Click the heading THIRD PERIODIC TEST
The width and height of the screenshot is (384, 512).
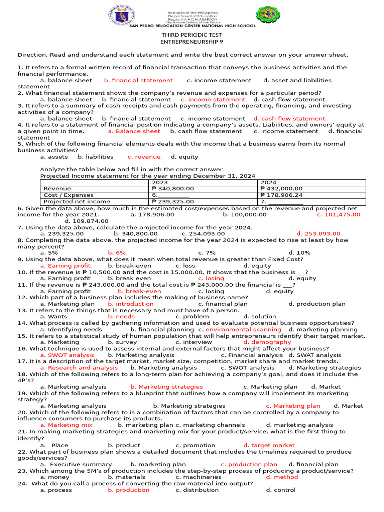point(191,35)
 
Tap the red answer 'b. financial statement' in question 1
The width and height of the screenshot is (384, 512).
point(138,80)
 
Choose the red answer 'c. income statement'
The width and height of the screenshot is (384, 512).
point(213,99)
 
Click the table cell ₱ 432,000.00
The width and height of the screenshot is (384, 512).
point(282,189)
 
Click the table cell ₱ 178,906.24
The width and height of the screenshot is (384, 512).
point(282,195)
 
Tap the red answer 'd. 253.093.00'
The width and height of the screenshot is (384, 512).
point(318,234)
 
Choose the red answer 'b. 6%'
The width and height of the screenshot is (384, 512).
point(117,253)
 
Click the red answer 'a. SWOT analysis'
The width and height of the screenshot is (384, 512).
point(67,355)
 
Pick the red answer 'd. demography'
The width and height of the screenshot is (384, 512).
point(267,342)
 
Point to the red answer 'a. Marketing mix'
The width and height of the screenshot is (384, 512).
point(66,425)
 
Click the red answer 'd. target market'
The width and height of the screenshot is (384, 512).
point(269,445)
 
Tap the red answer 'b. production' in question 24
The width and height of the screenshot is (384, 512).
point(128,490)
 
